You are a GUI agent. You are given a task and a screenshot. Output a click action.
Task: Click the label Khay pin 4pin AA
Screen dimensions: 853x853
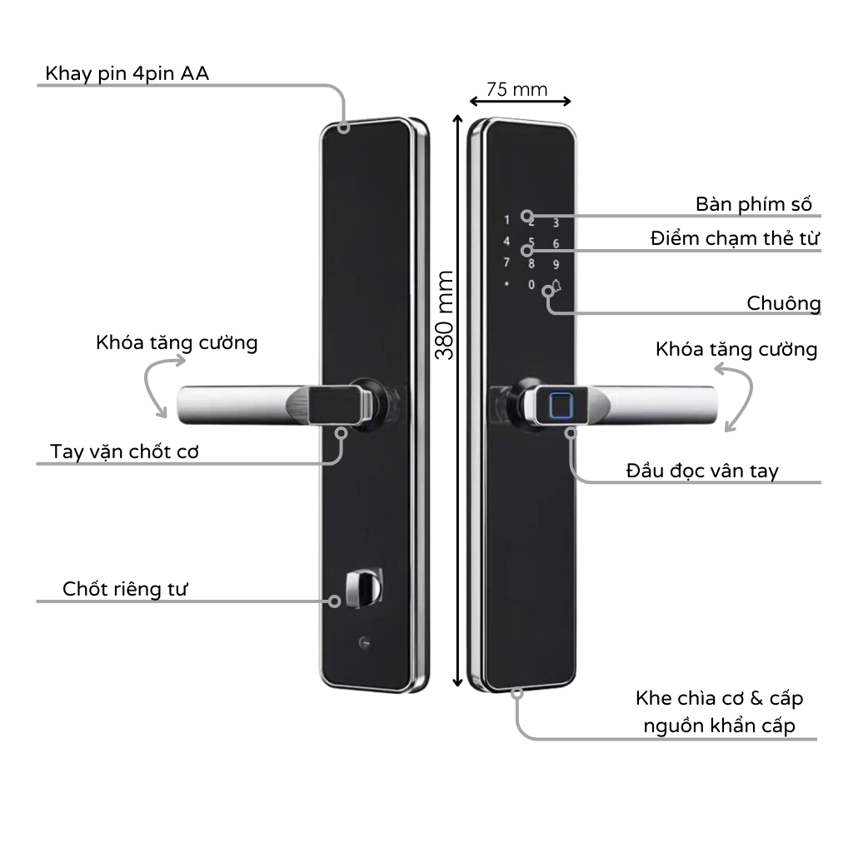(127, 73)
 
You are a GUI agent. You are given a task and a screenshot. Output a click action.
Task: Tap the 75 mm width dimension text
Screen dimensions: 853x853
(517, 89)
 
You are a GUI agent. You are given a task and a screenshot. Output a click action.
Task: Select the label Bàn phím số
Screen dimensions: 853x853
(753, 204)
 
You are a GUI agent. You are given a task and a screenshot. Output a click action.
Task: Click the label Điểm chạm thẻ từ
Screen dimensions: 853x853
(736, 239)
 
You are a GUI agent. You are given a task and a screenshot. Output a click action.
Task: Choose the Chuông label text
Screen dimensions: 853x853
(783, 303)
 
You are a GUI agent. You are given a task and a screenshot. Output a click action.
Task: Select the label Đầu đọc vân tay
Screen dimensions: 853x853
(702, 471)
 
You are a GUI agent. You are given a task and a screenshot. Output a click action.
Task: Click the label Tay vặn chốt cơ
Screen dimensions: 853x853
(125, 451)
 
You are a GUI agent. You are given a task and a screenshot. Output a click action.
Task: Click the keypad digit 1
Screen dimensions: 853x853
(506, 221)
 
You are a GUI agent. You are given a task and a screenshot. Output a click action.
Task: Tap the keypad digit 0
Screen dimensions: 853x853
(531, 286)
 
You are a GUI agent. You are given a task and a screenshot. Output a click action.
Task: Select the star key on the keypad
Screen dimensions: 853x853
(506, 285)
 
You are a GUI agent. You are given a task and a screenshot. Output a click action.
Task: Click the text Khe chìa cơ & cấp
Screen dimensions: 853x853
(719, 697)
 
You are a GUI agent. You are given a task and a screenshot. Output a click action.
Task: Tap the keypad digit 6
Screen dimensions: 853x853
(556, 244)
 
